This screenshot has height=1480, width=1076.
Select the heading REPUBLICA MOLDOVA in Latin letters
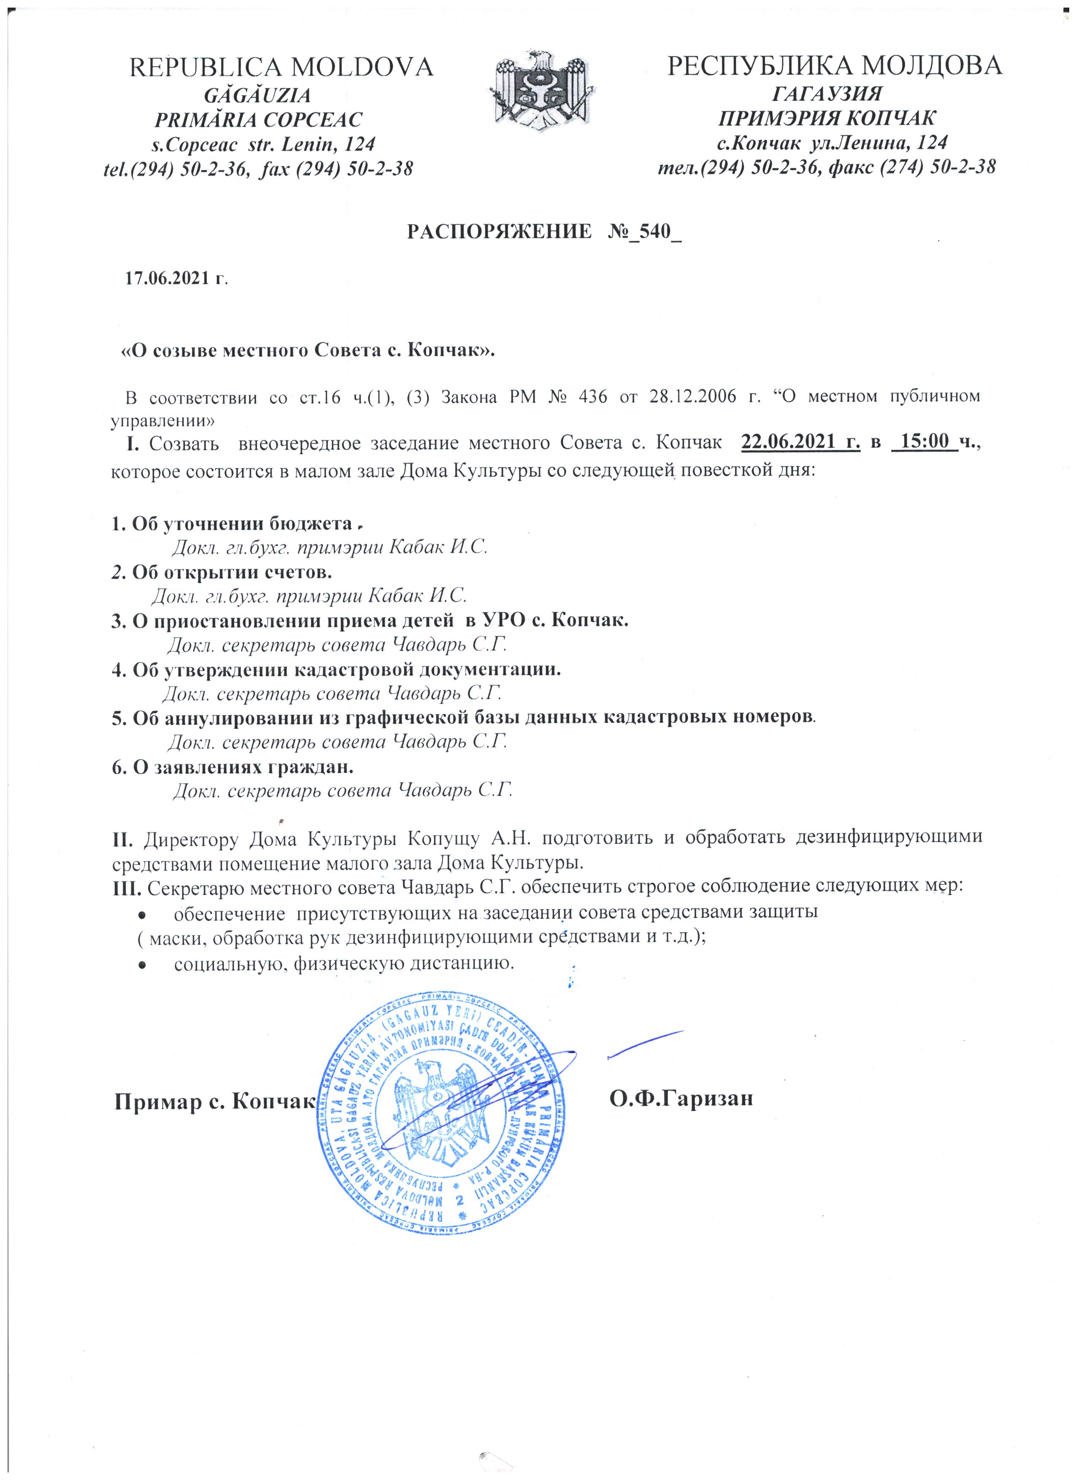click(282, 67)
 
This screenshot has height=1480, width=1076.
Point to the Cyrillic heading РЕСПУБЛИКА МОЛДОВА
click(834, 67)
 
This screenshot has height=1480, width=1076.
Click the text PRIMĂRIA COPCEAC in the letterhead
click(257, 119)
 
